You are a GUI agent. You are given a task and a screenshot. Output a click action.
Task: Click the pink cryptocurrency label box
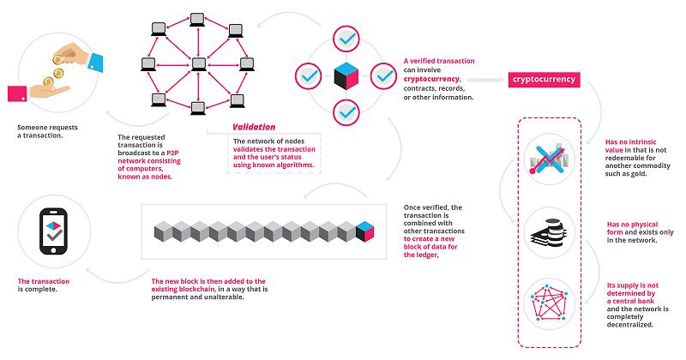click(x=544, y=80)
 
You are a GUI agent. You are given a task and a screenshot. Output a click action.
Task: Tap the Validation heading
click(x=254, y=127)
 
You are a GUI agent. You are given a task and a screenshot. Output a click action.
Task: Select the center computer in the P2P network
click(x=199, y=64)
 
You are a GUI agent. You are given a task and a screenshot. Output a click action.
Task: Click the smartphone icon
click(x=54, y=231)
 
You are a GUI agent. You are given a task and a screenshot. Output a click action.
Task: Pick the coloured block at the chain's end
click(x=365, y=231)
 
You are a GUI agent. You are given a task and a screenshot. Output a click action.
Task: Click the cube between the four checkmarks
click(x=346, y=76)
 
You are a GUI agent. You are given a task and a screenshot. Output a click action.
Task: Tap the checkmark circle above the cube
click(x=346, y=39)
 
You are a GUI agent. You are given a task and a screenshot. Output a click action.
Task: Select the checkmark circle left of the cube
click(x=309, y=76)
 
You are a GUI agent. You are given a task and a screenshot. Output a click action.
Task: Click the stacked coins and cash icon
click(x=548, y=232)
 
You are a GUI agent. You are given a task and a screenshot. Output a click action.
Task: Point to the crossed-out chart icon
click(x=548, y=158)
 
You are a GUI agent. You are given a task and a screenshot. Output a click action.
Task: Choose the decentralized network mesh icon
click(x=550, y=303)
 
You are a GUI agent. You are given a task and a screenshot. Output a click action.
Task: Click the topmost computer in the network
click(x=197, y=20)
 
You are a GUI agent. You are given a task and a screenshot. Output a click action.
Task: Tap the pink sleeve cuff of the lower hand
click(x=17, y=93)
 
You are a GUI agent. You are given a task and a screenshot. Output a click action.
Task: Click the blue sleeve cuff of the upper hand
click(x=96, y=62)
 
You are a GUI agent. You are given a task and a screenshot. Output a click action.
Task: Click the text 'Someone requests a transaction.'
click(x=47, y=131)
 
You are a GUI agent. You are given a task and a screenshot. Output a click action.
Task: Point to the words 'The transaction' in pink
click(x=44, y=281)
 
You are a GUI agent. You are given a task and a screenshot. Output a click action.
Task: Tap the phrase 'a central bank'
click(x=630, y=301)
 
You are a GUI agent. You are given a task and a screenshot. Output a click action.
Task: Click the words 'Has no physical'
click(x=632, y=225)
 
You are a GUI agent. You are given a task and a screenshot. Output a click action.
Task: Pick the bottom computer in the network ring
click(x=198, y=108)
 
